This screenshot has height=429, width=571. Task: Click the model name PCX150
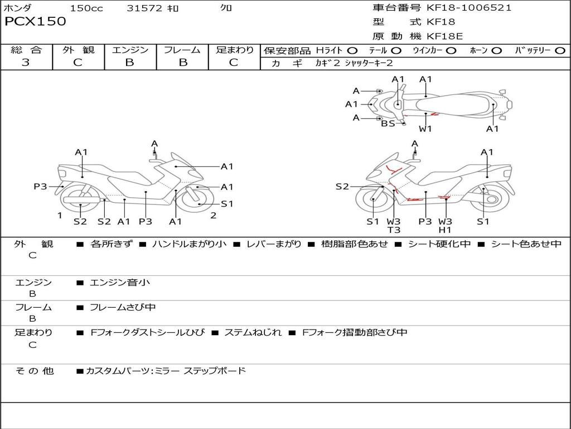[x=35, y=22]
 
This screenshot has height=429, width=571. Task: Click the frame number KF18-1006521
[x=468, y=8]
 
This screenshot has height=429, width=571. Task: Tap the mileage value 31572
[x=144, y=8]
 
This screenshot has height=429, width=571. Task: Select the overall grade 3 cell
[x=26, y=63]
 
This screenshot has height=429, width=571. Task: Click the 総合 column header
[x=26, y=50]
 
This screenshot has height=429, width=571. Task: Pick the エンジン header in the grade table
[x=130, y=50]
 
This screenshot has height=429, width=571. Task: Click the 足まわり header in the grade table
[x=234, y=50]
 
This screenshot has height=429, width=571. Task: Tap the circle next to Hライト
[x=353, y=51]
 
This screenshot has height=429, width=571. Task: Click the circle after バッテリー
[x=560, y=51]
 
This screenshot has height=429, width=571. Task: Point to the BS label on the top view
[x=388, y=124]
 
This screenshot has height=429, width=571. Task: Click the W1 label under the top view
[x=425, y=129]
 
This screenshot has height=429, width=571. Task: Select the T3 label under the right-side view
[x=394, y=230]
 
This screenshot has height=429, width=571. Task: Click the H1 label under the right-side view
[x=445, y=230]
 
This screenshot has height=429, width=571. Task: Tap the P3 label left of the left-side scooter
[x=40, y=187]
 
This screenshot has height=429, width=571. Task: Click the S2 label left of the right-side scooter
[x=342, y=187]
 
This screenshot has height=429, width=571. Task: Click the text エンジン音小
[x=120, y=283]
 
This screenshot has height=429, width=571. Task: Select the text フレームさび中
[x=123, y=307]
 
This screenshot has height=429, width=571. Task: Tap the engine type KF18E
[x=444, y=36]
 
